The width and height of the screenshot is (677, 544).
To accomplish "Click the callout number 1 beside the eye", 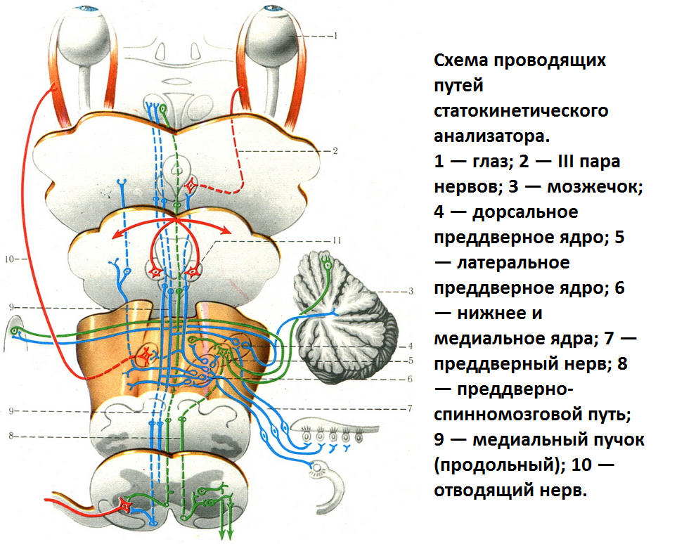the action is click(336, 35).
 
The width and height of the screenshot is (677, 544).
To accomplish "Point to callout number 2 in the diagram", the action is click(336, 151).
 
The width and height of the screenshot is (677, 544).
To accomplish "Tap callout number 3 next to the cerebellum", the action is click(411, 290).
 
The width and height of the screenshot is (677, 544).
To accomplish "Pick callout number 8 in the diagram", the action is click(11, 436).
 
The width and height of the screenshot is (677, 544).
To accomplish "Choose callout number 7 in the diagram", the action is click(409, 408).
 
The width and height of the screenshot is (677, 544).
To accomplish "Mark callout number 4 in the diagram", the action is click(409, 346).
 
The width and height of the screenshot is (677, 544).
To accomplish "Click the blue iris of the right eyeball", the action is click(270, 8).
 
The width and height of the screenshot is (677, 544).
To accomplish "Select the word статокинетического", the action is click(520, 111).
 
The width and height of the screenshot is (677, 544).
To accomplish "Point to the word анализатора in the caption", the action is click(492, 136).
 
